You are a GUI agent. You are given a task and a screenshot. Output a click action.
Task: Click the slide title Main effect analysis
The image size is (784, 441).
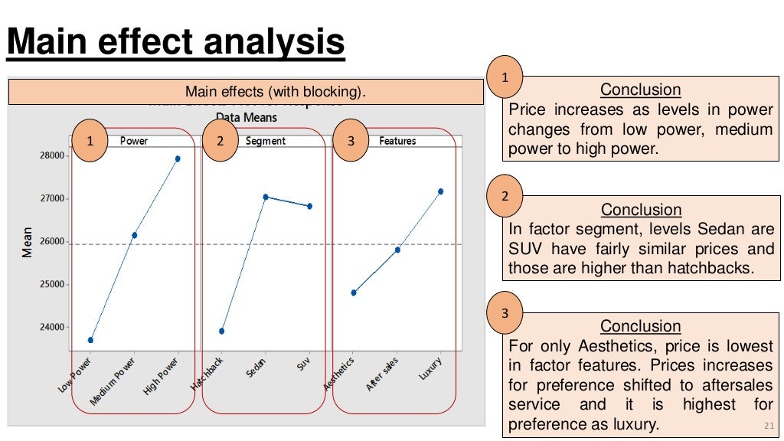(x=176, y=42)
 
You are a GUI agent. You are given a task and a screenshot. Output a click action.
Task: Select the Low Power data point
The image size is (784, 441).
(x=91, y=339)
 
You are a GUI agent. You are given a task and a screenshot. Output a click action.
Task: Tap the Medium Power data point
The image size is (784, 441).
(x=135, y=235)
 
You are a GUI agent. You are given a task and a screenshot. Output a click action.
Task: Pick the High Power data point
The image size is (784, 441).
(x=178, y=158)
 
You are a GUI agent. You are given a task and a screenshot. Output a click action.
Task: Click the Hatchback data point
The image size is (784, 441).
(x=222, y=331)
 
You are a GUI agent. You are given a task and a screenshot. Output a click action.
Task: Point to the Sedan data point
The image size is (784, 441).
(x=266, y=197)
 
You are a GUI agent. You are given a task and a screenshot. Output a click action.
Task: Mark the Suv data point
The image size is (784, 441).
(x=309, y=206)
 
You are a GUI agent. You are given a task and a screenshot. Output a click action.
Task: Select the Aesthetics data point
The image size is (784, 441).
(x=354, y=292)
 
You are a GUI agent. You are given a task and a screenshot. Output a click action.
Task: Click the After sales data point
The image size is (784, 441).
(x=397, y=250)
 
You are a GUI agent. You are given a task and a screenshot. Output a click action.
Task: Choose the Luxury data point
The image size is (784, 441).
(x=441, y=191)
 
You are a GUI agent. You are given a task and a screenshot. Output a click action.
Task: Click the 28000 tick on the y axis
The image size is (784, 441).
(x=51, y=155)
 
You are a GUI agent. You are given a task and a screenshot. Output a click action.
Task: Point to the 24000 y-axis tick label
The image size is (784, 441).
(x=51, y=327)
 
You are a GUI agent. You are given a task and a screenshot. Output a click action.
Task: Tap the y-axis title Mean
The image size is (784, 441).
(x=28, y=241)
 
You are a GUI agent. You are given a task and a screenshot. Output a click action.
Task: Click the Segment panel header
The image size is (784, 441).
(x=266, y=141)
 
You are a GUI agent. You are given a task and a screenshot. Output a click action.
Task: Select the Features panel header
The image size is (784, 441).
(x=397, y=141)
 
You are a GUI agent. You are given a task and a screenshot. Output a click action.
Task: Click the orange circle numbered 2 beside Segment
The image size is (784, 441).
(x=220, y=141)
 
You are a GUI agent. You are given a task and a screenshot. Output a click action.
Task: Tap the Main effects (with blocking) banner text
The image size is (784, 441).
(x=276, y=93)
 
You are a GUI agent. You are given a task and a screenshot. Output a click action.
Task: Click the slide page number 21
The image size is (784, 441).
(x=769, y=426)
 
